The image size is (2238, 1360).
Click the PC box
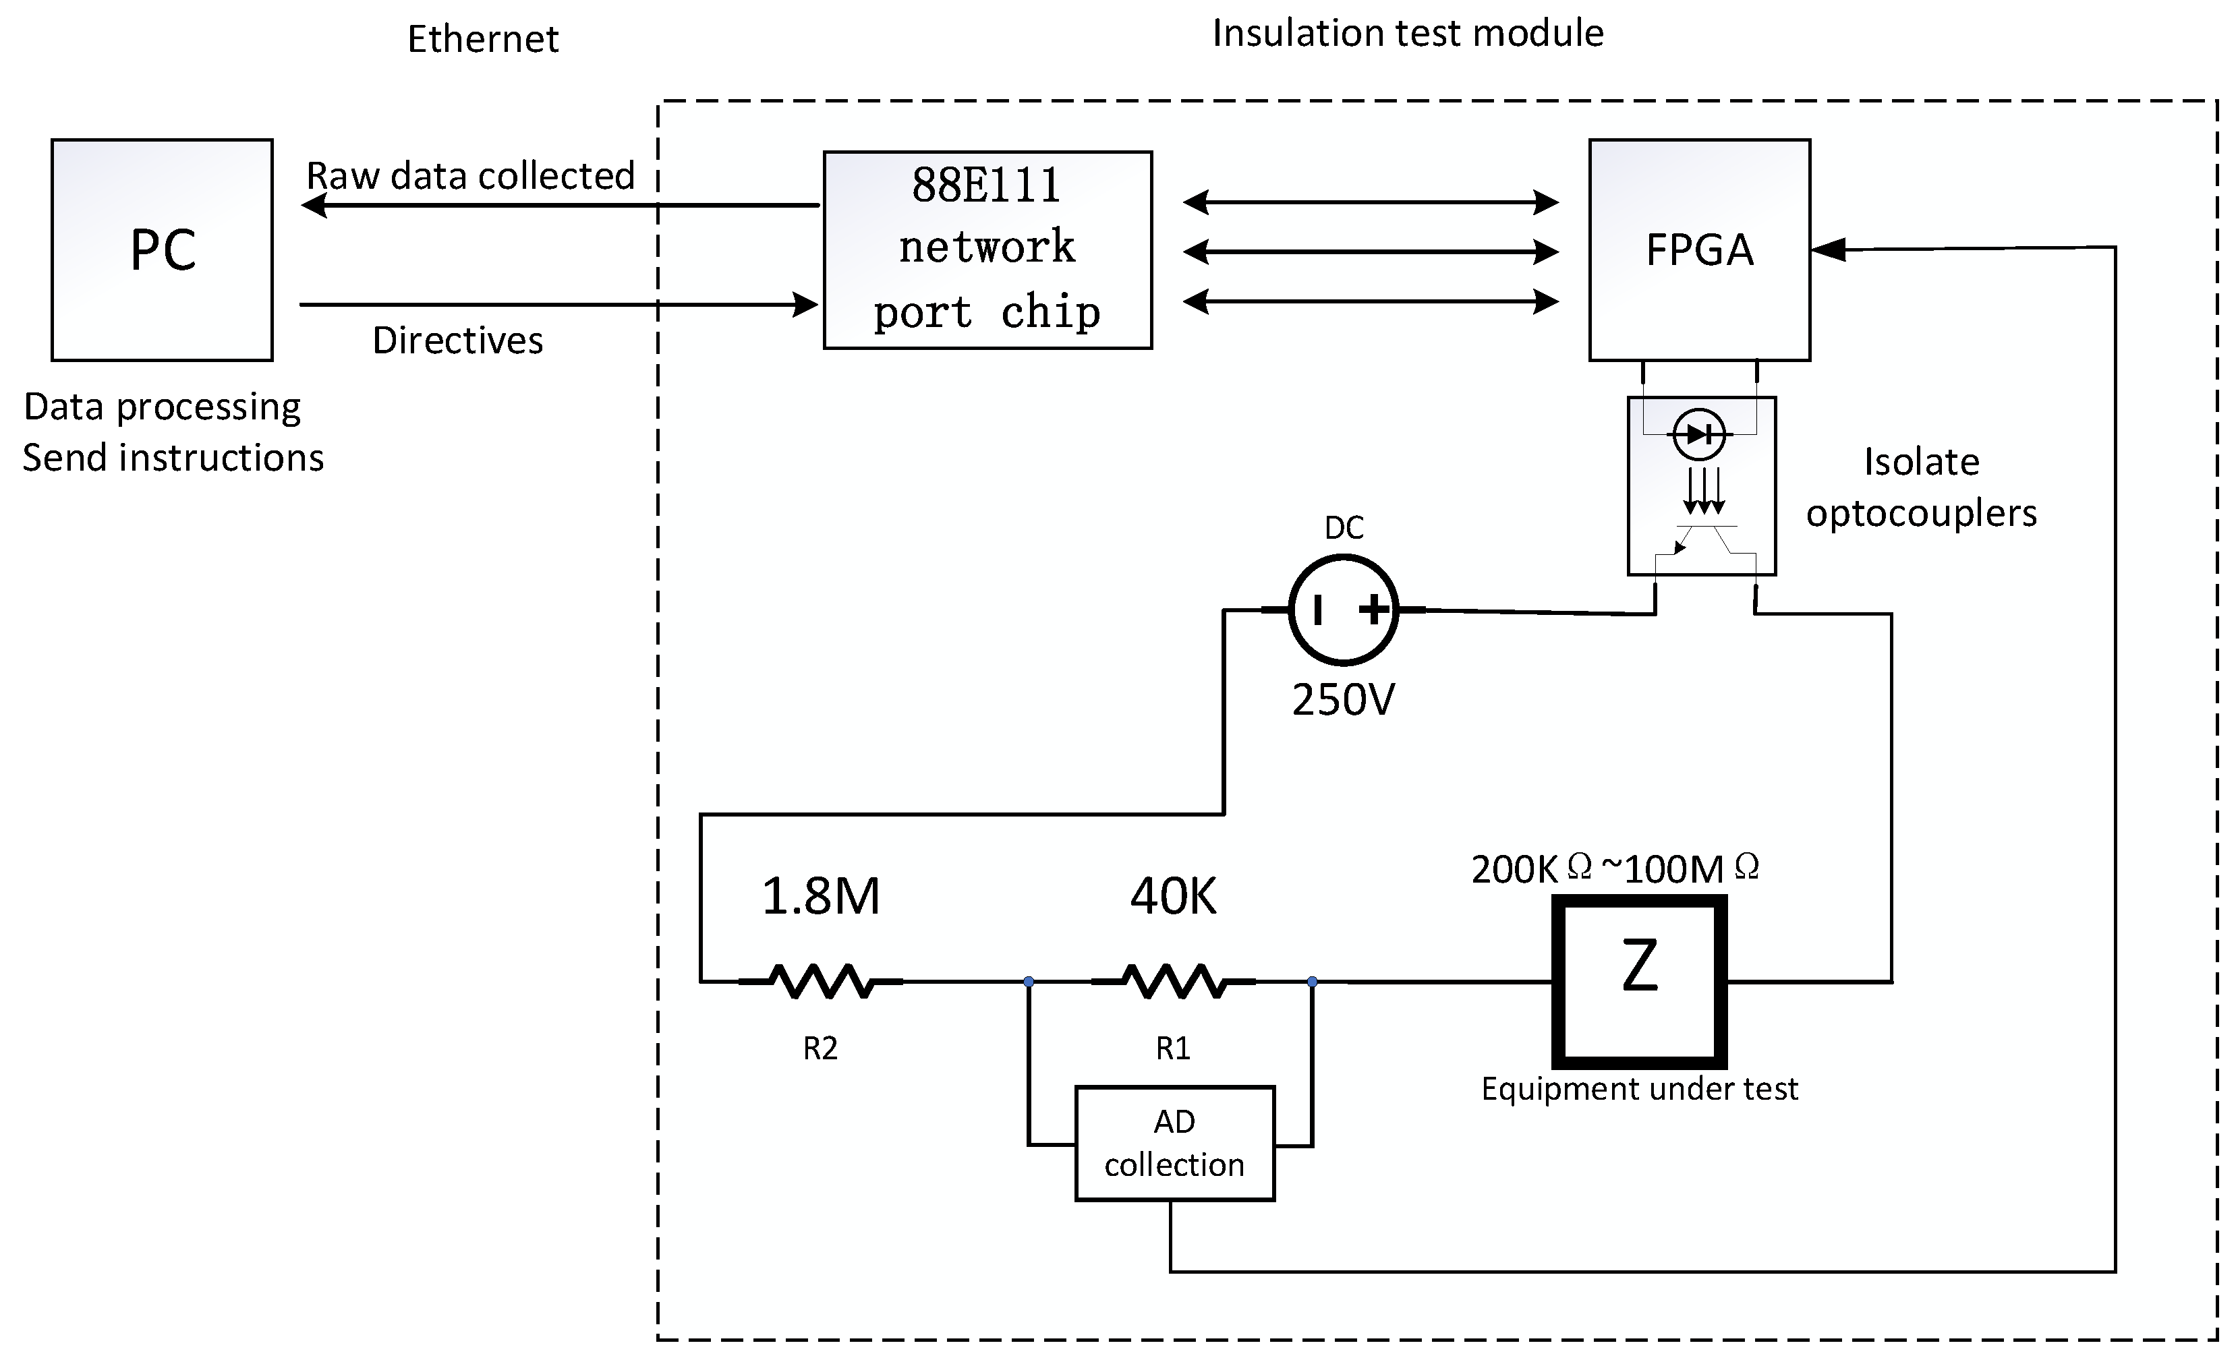coord(162,249)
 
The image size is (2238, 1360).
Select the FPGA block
coord(1698,249)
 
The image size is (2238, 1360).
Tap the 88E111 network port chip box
coord(987,249)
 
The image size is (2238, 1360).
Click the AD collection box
coord(1174,1143)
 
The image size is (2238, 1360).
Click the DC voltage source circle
coord(1344,610)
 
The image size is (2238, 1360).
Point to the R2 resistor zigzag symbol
coord(821,982)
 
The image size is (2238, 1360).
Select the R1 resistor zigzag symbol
coord(1174,982)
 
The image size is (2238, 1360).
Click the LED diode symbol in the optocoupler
coord(1698,435)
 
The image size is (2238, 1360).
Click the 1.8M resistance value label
coord(820,896)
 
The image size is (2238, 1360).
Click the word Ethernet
coord(482,39)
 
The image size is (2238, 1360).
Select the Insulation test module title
coord(1407,34)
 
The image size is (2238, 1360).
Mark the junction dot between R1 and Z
coord(1311,982)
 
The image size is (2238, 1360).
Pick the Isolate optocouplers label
coord(1921,487)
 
